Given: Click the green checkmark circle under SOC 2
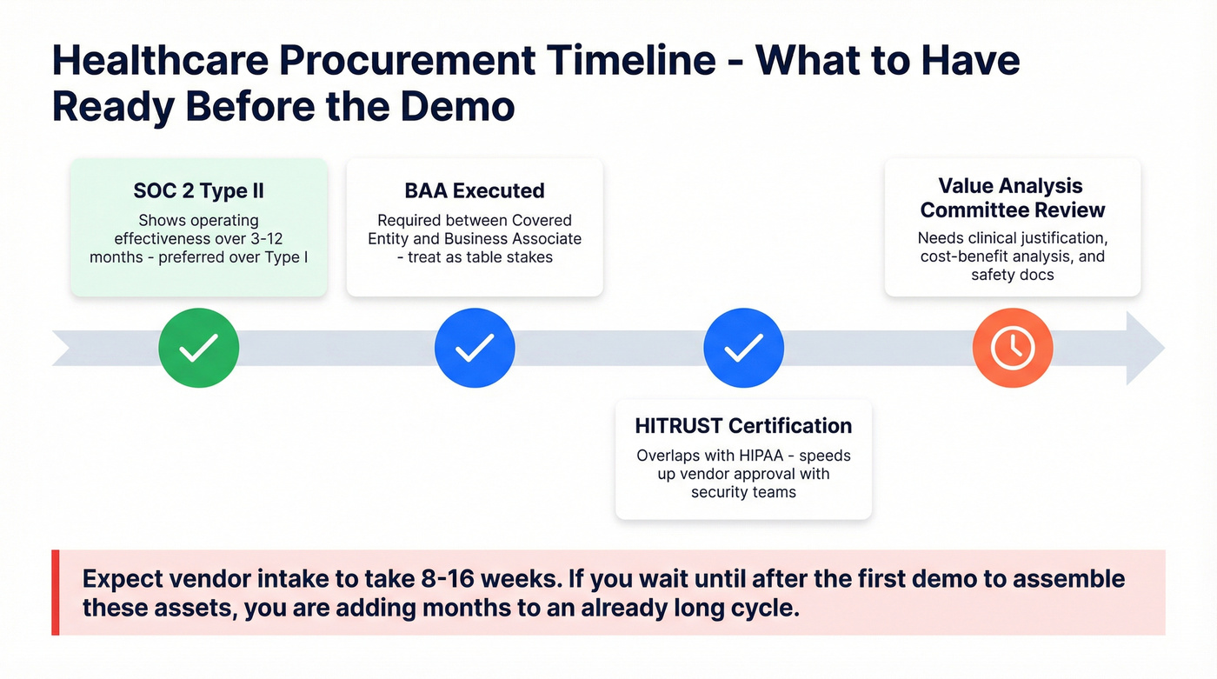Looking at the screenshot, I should click(198, 349).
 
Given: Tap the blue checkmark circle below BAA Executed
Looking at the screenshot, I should click(475, 349).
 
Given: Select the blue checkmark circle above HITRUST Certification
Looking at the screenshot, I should click(743, 349).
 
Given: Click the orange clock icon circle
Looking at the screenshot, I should click(1012, 349).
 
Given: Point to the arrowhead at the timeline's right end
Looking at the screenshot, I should click(1147, 349).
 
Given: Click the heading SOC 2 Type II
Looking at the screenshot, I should click(198, 190).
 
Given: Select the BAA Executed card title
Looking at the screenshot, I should click(475, 190).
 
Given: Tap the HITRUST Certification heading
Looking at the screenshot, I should click(743, 425).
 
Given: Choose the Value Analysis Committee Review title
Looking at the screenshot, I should click(1012, 198).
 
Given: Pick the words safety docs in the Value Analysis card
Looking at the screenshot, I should click(1012, 275).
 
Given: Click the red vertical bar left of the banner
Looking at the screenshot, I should click(56, 592).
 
